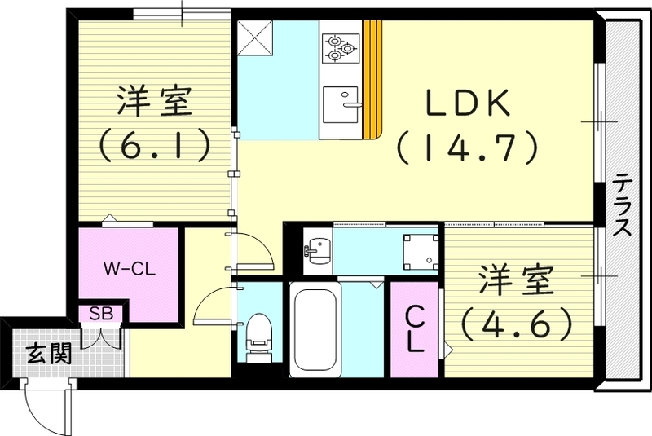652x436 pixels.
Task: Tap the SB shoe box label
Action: click(x=101, y=312)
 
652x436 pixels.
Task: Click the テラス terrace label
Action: click(x=623, y=204)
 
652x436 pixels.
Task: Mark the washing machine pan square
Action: click(x=420, y=249)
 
